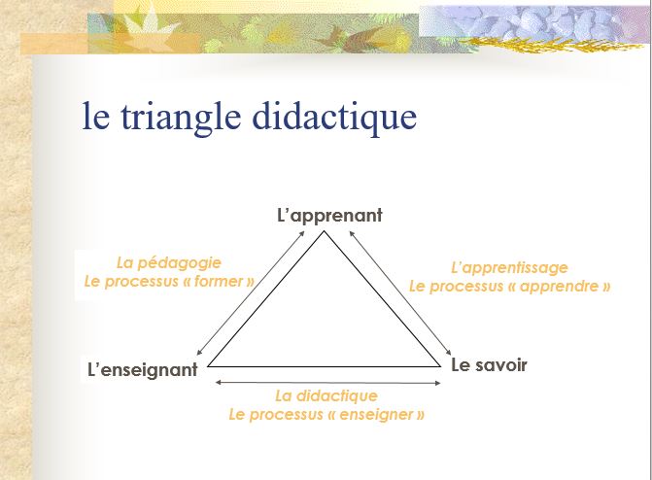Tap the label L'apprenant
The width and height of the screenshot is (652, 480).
pyautogui.click(x=329, y=215)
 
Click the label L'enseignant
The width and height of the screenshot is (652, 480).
pyautogui.click(x=142, y=369)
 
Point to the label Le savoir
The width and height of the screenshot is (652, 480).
pyautogui.click(x=489, y=365)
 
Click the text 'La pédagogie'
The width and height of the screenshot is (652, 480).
pyautogui.click(x=169, y=262)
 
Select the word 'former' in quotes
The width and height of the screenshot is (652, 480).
pyautogui.click(x=219, y=282)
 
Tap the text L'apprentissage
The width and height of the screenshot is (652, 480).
pyautogui.click(x=509, y=267)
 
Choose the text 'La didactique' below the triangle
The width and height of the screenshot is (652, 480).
pyautogui.click(x=326, y=395)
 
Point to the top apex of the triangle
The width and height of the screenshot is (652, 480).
pyautogui.click(x=324, y=231)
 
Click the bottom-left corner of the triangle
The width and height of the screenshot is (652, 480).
pyautogui.click(x=209, y=366)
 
